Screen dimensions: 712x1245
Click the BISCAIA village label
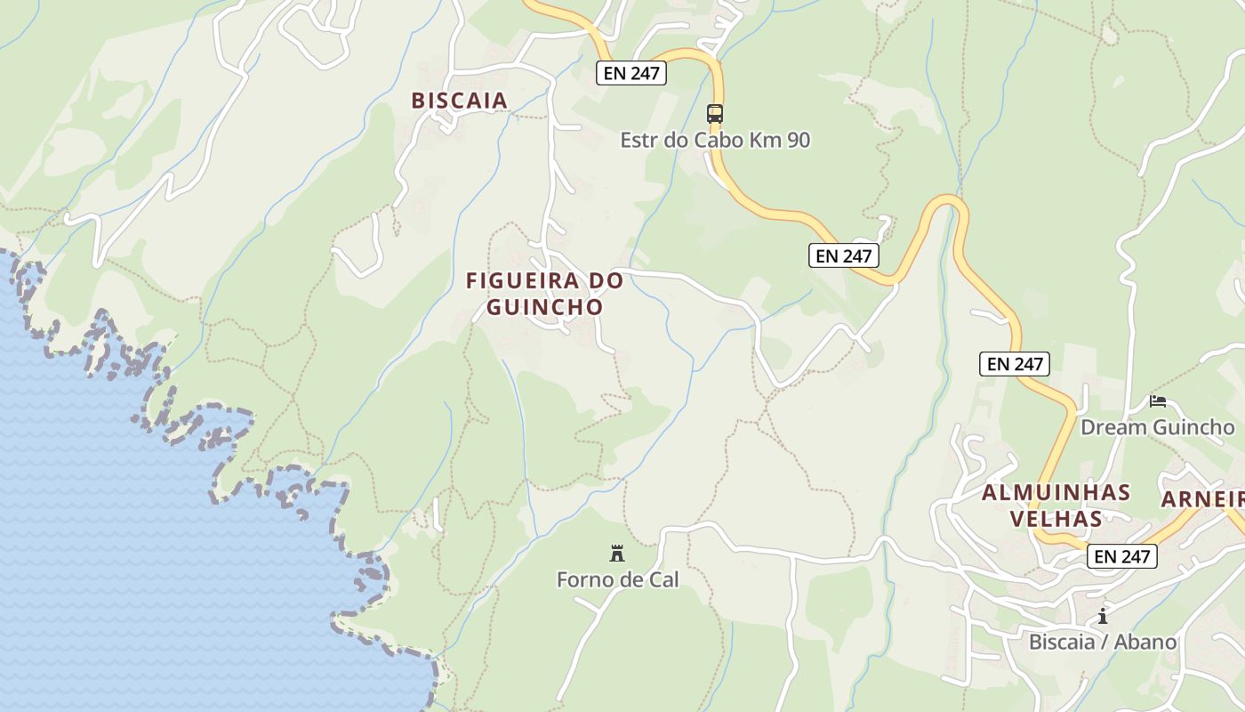pyautogui.click(x=459, y=101)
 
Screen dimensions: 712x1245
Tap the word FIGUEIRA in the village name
pyautogui.click(x=522, y=281)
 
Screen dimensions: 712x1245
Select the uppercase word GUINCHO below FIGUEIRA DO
pyautogui.click(x=545, y=307)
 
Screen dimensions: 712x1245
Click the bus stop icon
pyautogui.click(x=715, y=114)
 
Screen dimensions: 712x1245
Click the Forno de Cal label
pyautogui.click(x=617, y=580)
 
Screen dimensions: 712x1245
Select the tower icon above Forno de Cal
pyautogui.click(x=616, y=554)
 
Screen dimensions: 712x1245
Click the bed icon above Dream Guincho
pyautogui.click(x=1157, y=401)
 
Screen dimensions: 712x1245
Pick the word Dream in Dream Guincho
pyautogui.click(x=1112, y=427)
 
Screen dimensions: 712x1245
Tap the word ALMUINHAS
pyautogui.click(x=1056, y=493)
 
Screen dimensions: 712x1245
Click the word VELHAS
pyautogui.click(x=1056, y=518)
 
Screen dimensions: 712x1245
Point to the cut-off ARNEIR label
pyautogui.click(x=1202, y=499)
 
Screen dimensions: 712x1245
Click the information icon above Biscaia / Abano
pyautogui.click(x=1103, y=616)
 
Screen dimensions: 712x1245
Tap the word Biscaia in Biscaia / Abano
pyautogui.click(x=1061, y=643)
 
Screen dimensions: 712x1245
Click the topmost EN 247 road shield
pyautogui.click(x=631, y=73)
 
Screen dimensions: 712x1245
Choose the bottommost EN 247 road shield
pyautogui.click(x=1121, y=557)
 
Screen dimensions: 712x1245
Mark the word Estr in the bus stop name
pyautogui.click(x=638, y=141)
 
